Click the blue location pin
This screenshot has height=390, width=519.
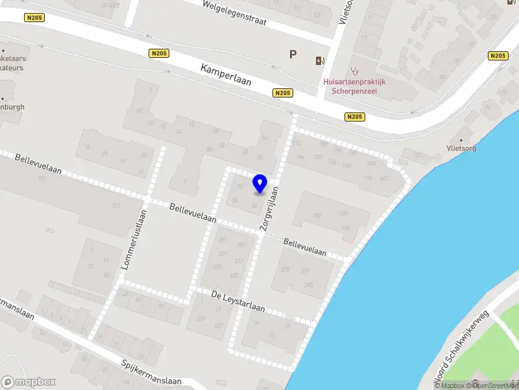pos(260,183)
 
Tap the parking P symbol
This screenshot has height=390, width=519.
pos(293,55)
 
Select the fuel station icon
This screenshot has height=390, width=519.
pos(319,61)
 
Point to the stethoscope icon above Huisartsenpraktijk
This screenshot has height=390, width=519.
pos(354,70)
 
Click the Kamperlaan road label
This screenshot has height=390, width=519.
pos(225,76)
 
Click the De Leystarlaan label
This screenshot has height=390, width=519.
pos(238,302)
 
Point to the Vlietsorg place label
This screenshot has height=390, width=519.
pos(461,149)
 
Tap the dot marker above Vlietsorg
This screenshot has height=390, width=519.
pos(461,139)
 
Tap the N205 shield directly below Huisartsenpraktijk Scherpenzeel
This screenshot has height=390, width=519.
pos(354,117)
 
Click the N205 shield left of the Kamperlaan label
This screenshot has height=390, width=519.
pos(158,54)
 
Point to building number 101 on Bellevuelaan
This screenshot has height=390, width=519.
pos(116,206)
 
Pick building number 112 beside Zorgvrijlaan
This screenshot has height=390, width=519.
pos(298,143)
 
